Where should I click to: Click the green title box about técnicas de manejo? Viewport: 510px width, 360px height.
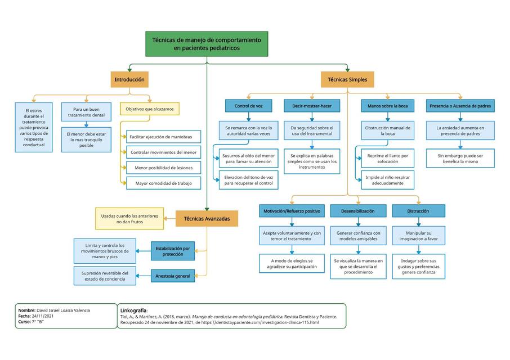pyautogui.click(x=207, y=44)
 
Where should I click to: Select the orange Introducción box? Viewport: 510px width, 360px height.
pyautogui.click(x=129, y=80)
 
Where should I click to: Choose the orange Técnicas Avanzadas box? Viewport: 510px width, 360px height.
pyautogui.click(x=207, y=218)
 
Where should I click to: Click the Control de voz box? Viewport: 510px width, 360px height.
pyautogui.click(x=248, y=106)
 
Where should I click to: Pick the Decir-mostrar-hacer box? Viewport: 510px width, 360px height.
pyautogui.click(x=312, y=106)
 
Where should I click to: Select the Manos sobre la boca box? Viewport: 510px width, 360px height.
pyautogui.click(x=387, y=106)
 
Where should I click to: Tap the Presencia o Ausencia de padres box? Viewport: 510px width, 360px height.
pyautogui.click(x=460, y=106)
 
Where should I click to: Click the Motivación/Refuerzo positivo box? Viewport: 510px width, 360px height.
pyautogui.click(x=292, y=211)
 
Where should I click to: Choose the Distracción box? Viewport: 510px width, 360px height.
pyautogui.click(x=418, y=211)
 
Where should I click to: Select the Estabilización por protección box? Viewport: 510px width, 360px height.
pyautogui.click(x=173, y=251)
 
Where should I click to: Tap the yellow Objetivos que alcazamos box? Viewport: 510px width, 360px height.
pyautogui.click(x=150, y=109)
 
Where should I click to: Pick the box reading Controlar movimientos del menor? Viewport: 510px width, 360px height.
pyautogui.click(x=163, y=152)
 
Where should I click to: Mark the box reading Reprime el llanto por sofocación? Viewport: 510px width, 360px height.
pyautogui.click(x=387, y=158)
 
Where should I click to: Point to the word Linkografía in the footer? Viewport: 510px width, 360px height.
pyautogui.click(x=134, y=310)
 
